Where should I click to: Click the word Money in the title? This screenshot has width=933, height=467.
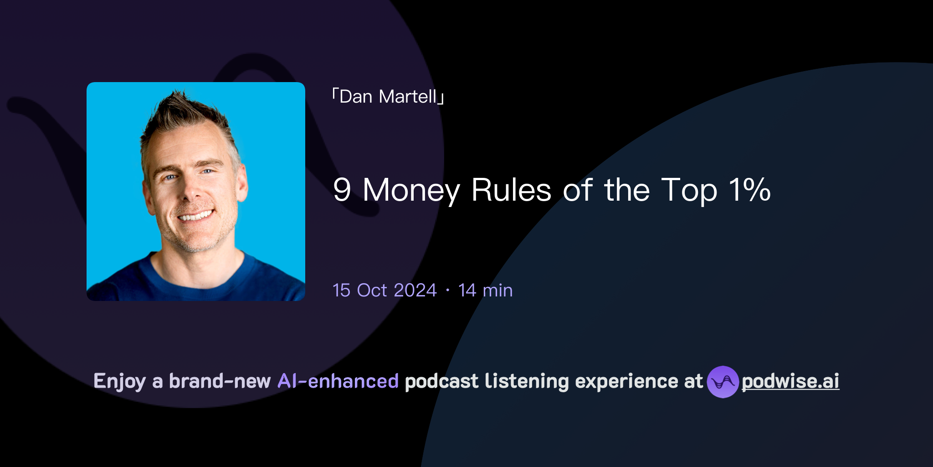coord(411,191)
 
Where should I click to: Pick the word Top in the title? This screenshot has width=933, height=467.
coord(689,191)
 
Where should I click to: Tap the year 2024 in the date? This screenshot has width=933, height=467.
coord(415,291)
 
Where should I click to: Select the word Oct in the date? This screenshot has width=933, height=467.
coord(372,291)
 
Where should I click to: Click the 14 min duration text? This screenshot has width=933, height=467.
coord(485,291)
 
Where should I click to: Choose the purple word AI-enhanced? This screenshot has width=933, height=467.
coord(338,381)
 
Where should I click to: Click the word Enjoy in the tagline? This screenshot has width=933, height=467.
coord(120,381)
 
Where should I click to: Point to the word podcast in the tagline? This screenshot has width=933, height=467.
coord(441,381)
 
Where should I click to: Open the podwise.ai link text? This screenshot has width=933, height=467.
coord(790,381)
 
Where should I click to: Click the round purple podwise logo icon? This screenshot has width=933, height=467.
coord(723,382)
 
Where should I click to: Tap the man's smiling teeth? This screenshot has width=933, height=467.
coord(196,216)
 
